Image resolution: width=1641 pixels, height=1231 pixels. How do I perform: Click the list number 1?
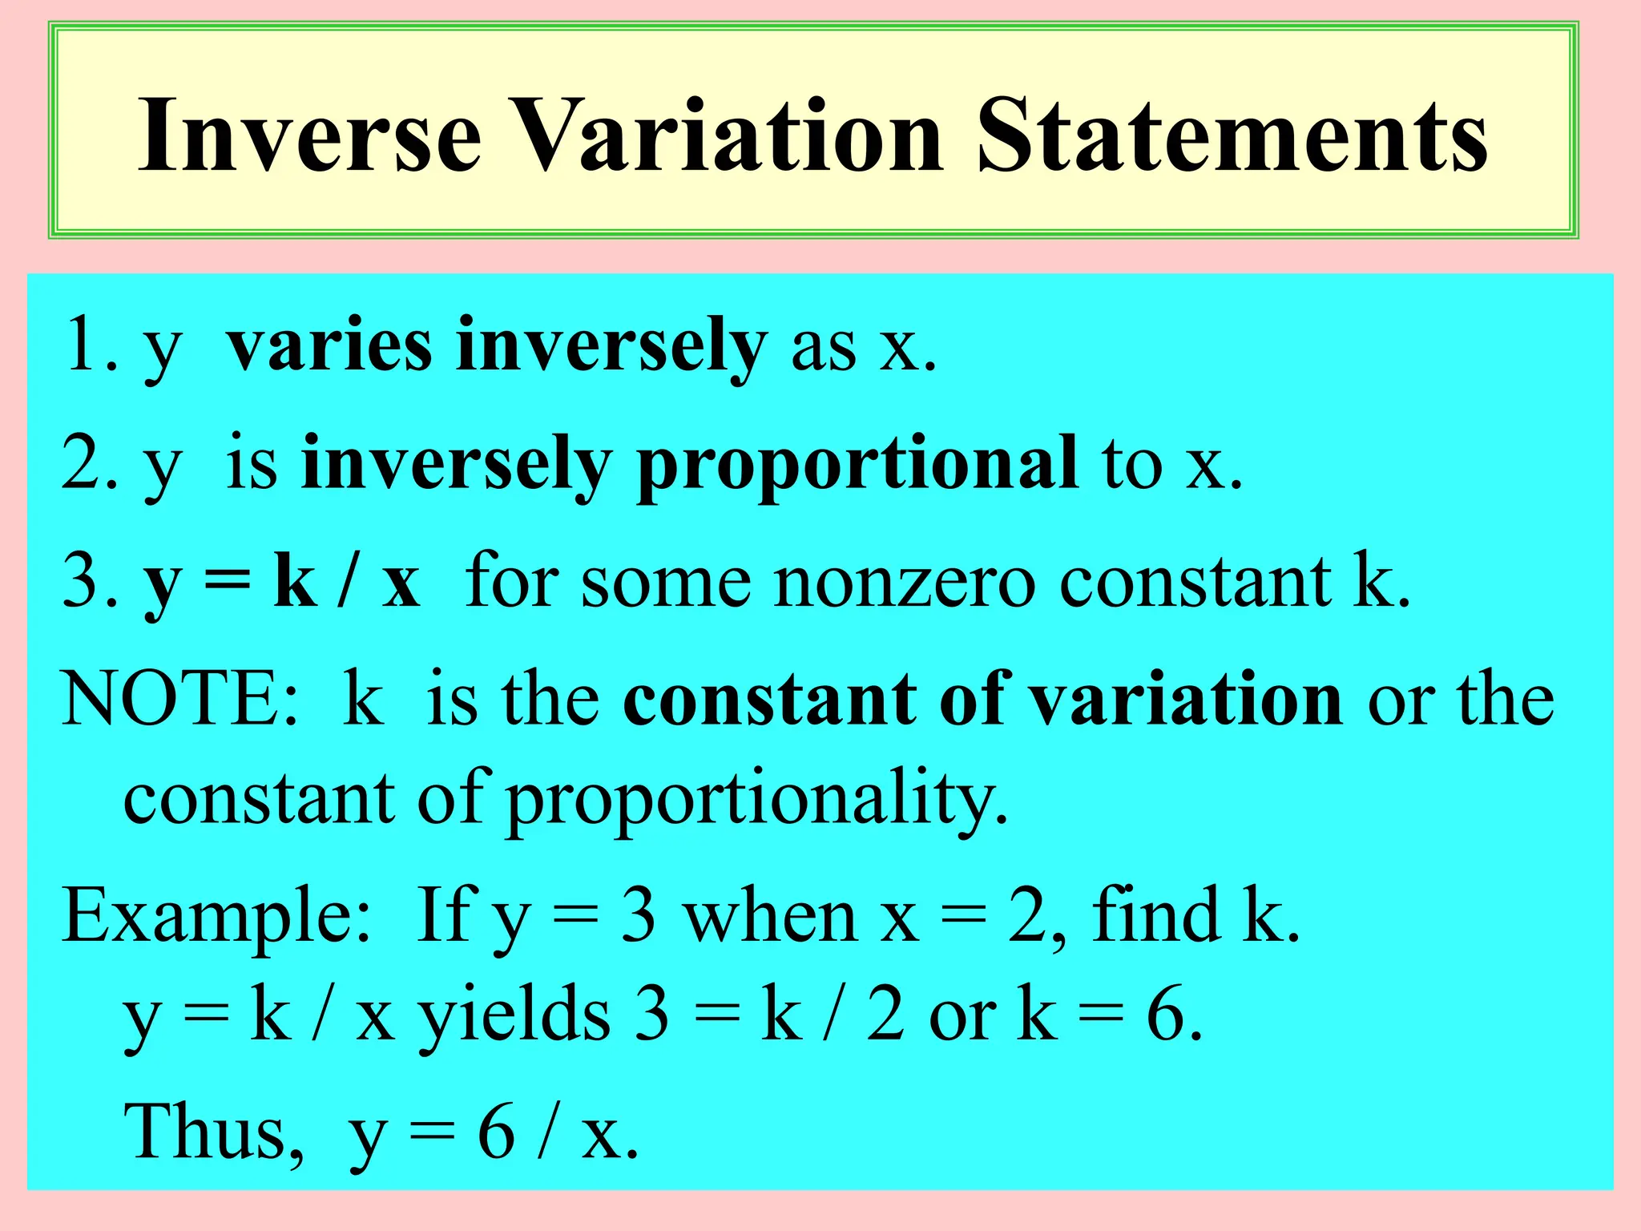coord(86,345)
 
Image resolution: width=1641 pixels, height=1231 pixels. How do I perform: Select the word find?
coord(1154,914)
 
